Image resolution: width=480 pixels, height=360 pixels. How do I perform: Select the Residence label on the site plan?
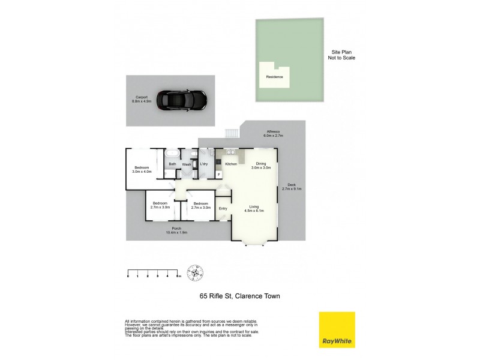coord(274,77)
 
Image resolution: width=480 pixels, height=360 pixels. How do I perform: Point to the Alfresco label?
coord(274,134)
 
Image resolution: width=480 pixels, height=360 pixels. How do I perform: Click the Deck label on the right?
coord(292,187)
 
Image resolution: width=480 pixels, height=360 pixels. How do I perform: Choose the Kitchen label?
coord(231,164)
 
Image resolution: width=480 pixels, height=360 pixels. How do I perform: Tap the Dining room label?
coord(260,166)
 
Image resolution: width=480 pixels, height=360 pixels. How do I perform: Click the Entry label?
coord(223,209)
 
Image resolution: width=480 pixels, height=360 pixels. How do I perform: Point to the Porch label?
coord(176,230)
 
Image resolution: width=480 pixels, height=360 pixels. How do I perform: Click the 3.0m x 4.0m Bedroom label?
coord(142,169)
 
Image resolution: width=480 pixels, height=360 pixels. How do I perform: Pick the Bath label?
coord(172,164)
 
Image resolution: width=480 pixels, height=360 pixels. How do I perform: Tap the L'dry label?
coord(203,164)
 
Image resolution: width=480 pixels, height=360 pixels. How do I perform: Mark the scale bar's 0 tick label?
coord(128,276)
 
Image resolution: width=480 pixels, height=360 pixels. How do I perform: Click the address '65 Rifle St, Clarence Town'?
coord(240,296)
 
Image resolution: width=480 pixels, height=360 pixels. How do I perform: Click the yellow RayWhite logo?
coord(337,329)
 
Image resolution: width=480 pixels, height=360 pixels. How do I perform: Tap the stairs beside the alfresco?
coord(231,134)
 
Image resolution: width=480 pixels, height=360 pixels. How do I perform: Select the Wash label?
coord(187,164)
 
